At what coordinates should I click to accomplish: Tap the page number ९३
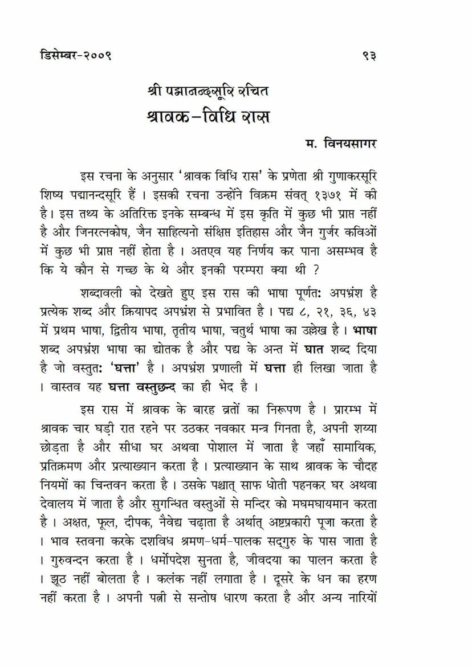(x=369, y=56)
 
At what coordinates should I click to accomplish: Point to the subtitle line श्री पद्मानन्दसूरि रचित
(x=207, y=91)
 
